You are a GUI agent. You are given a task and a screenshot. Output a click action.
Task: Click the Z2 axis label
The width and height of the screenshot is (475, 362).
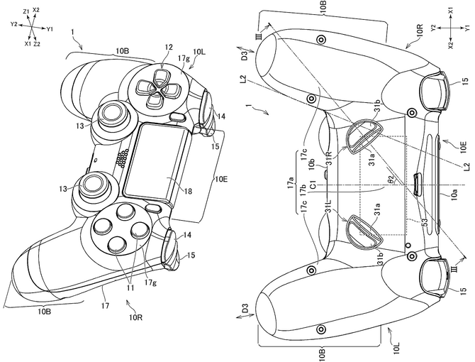(36, 44)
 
